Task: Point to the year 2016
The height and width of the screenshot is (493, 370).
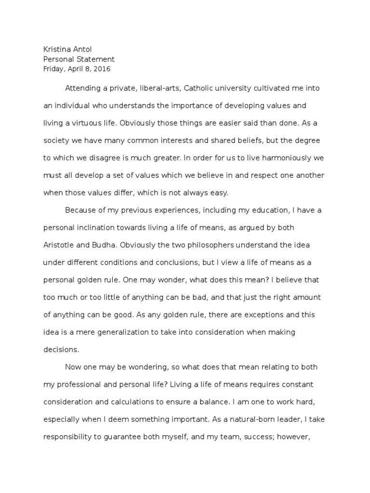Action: pos(102,69)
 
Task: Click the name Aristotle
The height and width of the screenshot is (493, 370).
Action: pos(60,245)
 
